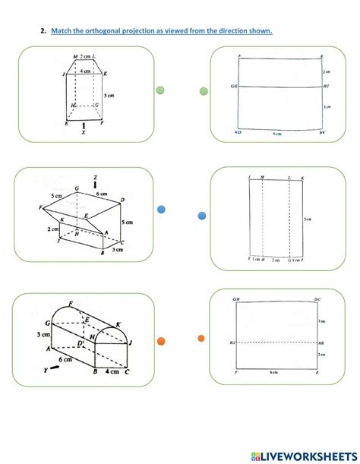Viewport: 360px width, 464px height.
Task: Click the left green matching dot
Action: pyautogui.click(x=160, y=90)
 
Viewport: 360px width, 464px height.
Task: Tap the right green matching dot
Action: pyautogui.click(x=204, y=91)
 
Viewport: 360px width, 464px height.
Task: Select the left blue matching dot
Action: pyautogui.click(x=161, y=210)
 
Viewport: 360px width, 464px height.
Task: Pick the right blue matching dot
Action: pyautogui.click(x=202, y=216)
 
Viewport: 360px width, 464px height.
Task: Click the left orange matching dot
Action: pyautogui.click(x=161, y=339)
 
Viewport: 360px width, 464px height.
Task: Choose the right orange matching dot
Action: pyautogui.click(x=201, y=339)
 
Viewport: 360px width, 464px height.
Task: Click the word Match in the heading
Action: pyautogui.click(x=63, y=30)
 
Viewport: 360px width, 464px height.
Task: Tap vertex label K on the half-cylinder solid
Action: pyautogui.click(x=120, y=324)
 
